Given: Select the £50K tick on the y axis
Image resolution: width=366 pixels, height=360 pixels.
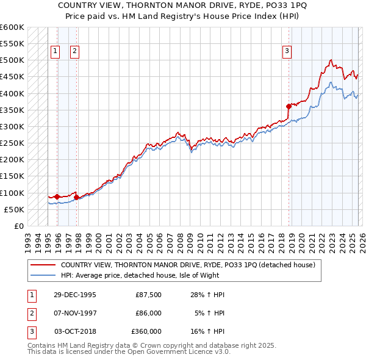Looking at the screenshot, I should tap(14, 209).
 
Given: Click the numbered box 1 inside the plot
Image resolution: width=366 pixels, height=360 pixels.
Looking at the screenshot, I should tap(56, 52).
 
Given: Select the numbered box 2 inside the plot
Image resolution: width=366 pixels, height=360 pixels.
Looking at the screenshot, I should tap(74, 52).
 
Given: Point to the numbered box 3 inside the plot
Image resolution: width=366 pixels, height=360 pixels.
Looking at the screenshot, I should tap(286, 52).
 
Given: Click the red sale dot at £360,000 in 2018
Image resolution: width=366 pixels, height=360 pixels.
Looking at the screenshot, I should tap(289, 106).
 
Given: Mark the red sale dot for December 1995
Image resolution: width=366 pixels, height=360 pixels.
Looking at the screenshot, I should tap(57, 196).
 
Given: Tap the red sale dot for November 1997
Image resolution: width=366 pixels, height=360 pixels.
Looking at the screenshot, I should tap(76, 197).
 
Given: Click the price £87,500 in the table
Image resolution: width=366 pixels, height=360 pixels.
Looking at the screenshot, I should tap(148, 295).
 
